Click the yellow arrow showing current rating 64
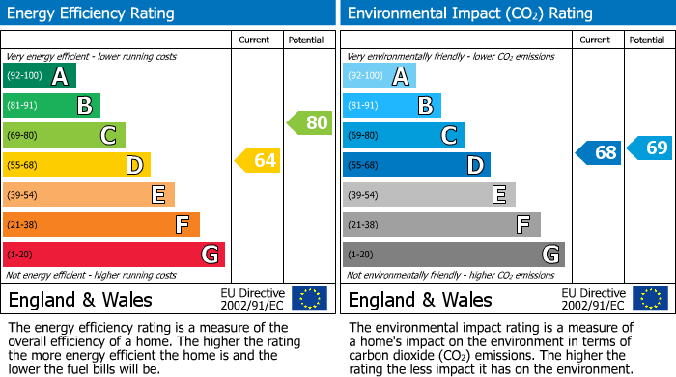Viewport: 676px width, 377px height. pos(258,160)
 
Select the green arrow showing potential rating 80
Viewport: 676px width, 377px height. pos(310,122)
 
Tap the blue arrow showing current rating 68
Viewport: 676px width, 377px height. pos(599,152)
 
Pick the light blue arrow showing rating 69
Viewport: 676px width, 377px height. pos(650,148)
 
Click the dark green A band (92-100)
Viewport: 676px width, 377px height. pos(40,76)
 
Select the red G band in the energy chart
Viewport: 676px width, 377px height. pos(114,255)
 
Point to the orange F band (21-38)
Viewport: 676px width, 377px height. pos(101,225)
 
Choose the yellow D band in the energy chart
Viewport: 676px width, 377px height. pos(76,165)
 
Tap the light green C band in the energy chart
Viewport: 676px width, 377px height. pos(64,135)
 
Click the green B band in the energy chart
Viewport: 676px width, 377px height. pos(51,106)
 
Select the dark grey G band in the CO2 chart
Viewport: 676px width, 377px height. pos(453,255)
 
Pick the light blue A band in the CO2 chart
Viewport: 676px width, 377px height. pos(380,76)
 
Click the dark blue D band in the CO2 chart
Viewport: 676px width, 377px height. pos(416,165)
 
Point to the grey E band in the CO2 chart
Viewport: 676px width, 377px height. pos(429,195)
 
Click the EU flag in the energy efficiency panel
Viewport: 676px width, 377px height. pos(309,298)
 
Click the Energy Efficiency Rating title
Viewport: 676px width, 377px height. pos(92,13)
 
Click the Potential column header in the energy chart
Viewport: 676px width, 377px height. pos(305,40)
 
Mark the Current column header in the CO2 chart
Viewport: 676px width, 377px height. pos(596,40)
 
